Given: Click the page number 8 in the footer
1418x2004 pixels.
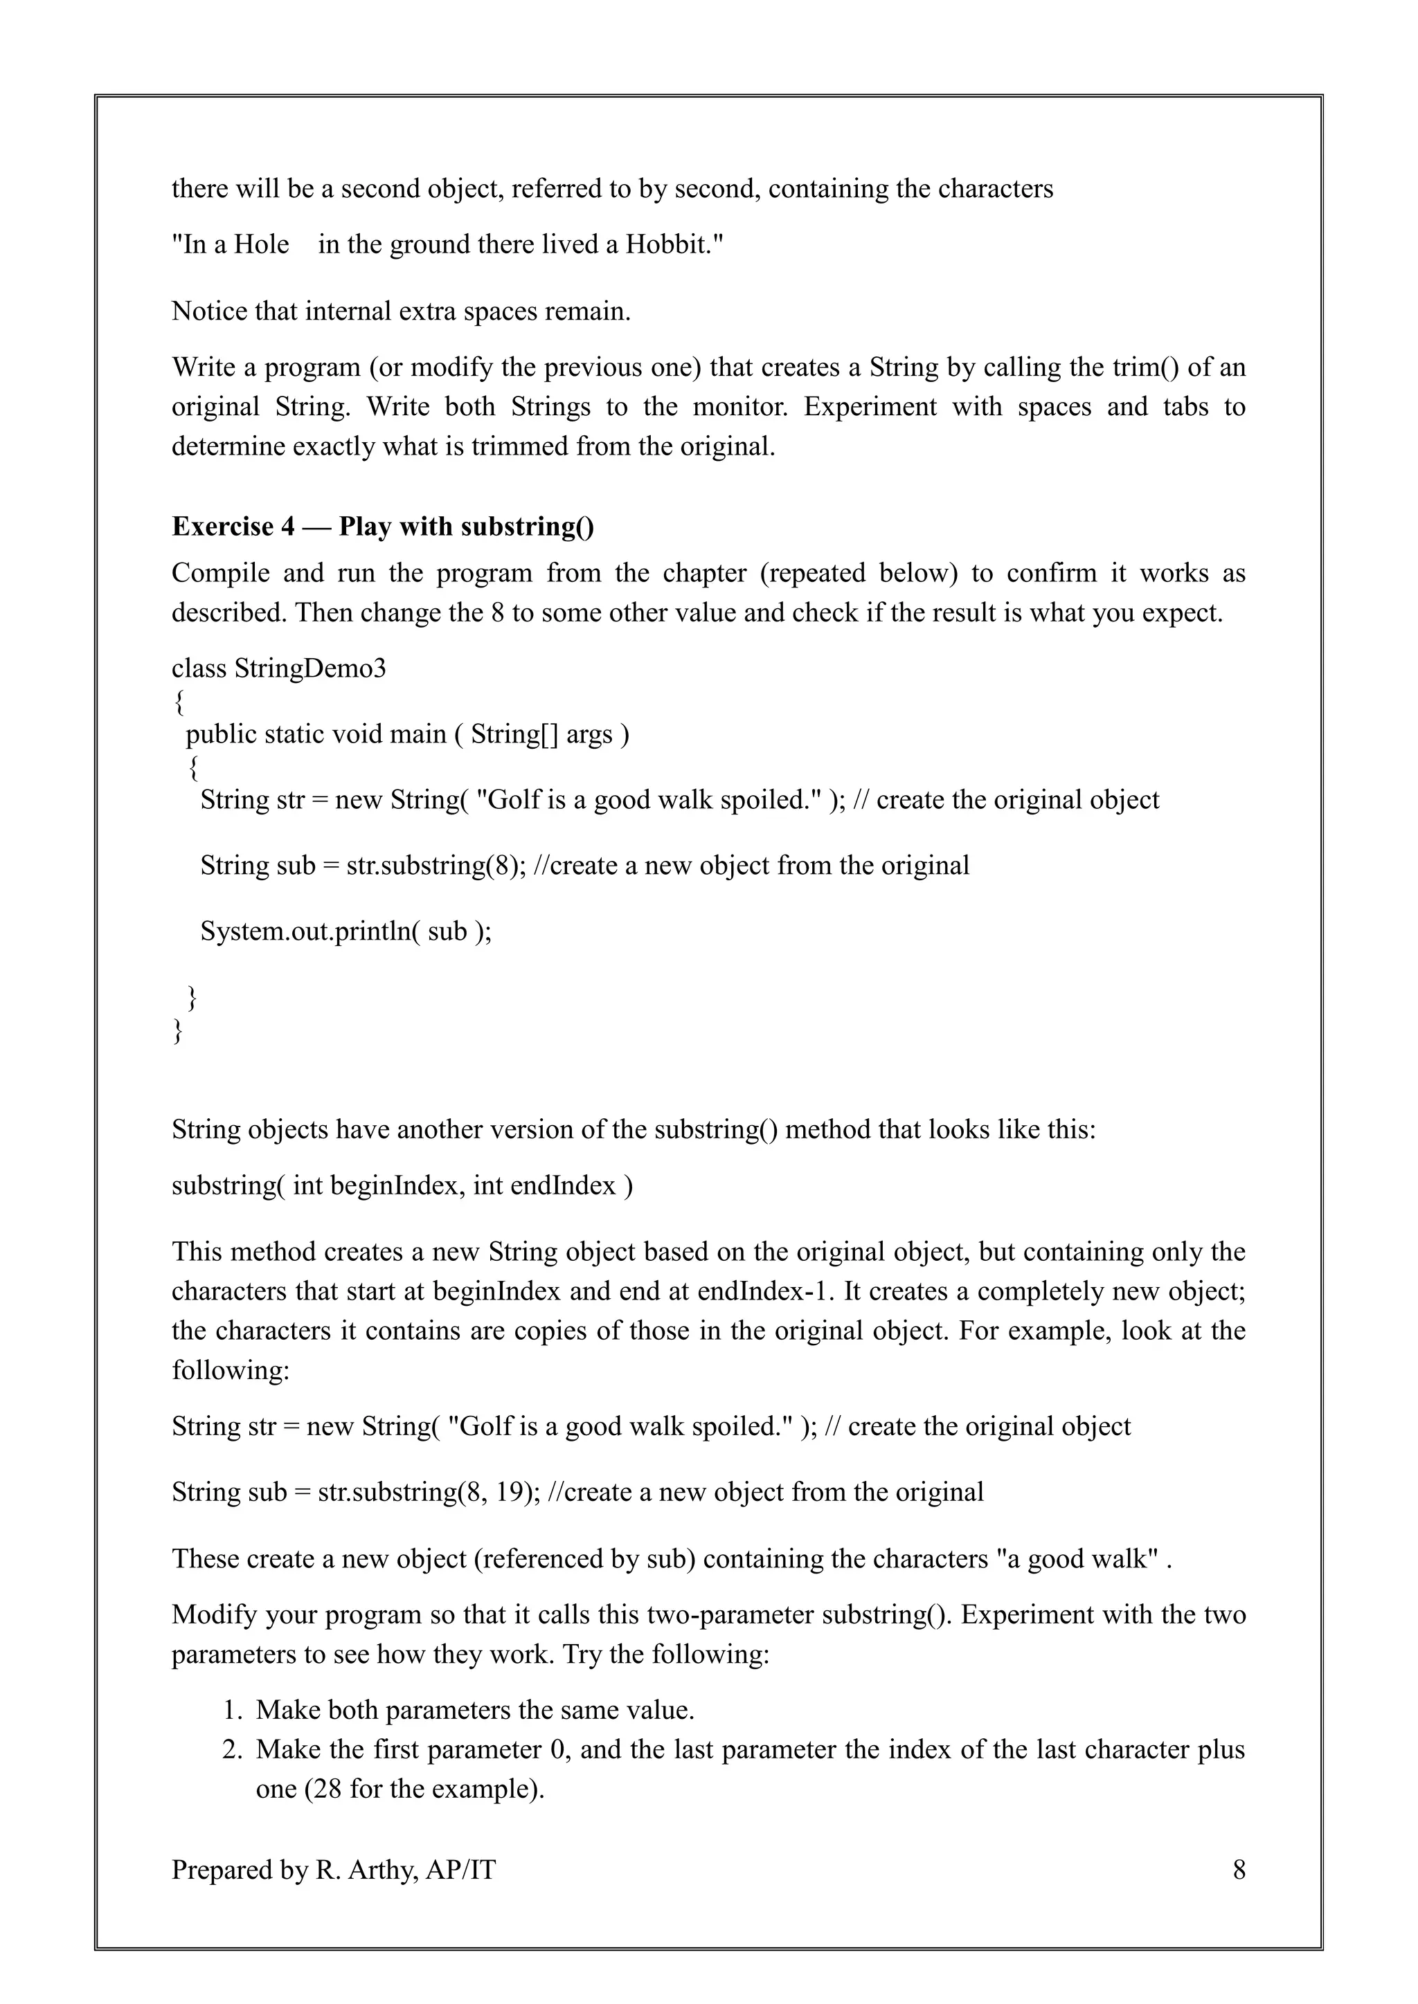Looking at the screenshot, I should click(1238, 1870).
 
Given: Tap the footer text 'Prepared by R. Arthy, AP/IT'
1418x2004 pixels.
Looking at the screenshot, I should click(334, 1870).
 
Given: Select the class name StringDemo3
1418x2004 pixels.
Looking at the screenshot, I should click(310, 668).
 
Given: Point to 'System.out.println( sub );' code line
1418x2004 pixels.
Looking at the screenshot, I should click(345, 931).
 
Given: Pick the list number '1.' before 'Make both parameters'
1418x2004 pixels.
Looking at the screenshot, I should click(231, 1710).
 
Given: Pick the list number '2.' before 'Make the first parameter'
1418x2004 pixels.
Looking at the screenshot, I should click(231, 1749).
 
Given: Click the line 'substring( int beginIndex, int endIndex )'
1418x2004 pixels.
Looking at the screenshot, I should click(402, 1185).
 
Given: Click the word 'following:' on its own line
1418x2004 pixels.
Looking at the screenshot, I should click(231, 1370).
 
